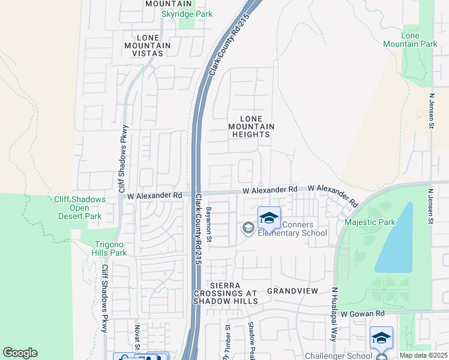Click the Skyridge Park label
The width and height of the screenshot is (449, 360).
pos(187,13)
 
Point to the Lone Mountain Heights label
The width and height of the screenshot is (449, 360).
pos(252,127)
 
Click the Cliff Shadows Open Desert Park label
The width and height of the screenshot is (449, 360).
pos(79,208)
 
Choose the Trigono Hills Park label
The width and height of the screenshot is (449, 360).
pos(111,248)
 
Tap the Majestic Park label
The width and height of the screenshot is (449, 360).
pos(370,223)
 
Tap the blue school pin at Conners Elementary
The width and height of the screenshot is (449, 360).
pos(269,218)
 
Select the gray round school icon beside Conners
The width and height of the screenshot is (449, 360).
pos(247,227)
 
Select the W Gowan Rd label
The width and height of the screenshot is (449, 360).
pos(362,314)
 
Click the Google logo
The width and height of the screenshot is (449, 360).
pos(20,353)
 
